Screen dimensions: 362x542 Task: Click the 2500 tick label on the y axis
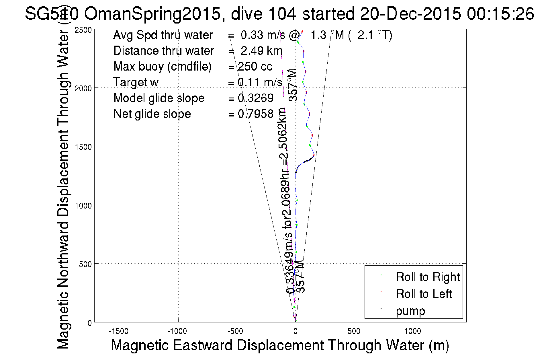pos(83,30)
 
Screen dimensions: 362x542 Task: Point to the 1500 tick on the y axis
pos(95,146)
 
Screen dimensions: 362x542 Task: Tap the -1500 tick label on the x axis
pos(119,331)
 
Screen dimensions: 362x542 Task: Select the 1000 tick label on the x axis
pos(412,331)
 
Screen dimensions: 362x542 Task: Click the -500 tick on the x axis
pos(237,322)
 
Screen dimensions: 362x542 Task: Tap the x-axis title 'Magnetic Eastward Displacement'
pos(280,345)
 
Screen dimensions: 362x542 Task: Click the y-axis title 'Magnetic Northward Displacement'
pos(63,190)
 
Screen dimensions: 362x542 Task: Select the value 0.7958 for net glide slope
pos(256,114)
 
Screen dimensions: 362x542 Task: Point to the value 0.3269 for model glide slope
pos(256,98)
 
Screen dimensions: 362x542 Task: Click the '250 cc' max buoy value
pos(255,67)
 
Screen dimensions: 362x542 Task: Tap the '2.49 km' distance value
pos(261,51)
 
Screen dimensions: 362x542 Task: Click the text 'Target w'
pos(136,82)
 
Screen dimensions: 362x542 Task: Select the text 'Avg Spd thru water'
pos(163,35)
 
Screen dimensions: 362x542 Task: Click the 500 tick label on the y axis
pos(85,264)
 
